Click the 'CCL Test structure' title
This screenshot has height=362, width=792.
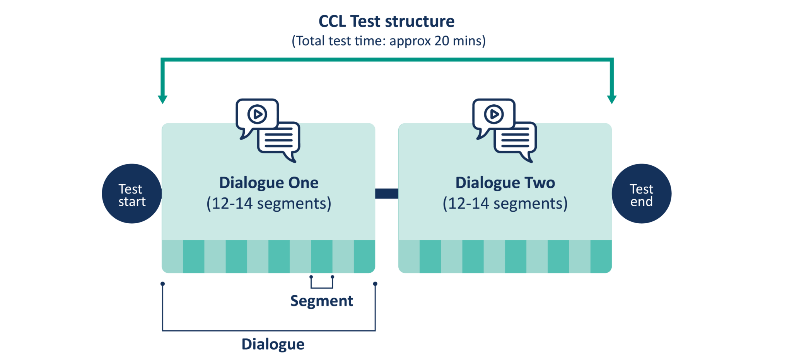tap(386, 22)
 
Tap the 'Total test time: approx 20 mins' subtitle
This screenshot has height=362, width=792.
tap(388, 41)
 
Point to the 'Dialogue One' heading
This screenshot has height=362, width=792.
tap(269, 183)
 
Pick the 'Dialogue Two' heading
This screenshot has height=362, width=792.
tap(505, 183)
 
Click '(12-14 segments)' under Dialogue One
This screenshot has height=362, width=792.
tap(269, 204)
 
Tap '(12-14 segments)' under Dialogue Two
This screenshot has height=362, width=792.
tap(505, 204)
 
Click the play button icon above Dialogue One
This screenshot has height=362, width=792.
tap(257, 114)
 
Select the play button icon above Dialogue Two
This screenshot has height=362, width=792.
tap(494, 114)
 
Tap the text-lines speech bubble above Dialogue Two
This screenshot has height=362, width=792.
tap(515, 139)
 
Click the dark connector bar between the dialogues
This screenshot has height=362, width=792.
tap(386, 194)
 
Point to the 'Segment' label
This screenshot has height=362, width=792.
tap(321, 301)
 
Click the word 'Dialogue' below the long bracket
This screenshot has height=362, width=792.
tap(273, 344)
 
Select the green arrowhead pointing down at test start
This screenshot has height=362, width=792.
tap(163, 100)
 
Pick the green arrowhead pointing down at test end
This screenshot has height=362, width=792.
tap(611, 100)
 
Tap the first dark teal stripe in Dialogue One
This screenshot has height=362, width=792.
tap(193, 257)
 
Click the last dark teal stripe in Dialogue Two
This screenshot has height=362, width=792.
tap(601, 257)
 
